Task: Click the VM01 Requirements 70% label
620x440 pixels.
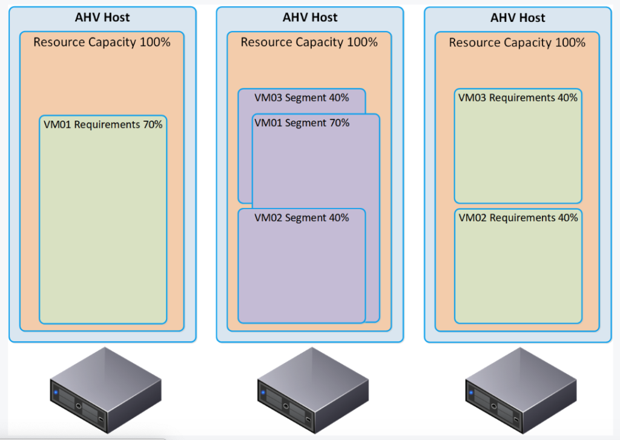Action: coord(103,124)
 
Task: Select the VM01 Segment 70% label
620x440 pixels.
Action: coord(302,122)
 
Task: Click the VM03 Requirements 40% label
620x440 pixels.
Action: coord(518,98)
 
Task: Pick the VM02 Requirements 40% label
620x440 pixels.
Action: coord(518,218)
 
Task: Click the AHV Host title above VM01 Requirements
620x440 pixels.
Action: coord(102,18)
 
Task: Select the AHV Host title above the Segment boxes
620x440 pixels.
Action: coord(310,18)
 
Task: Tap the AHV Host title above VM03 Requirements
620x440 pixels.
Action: coord(518,18)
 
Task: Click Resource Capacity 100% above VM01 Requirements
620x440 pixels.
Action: coord(102,42)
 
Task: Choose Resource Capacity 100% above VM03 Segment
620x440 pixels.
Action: coord(309,42)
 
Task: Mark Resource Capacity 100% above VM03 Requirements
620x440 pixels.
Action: coord(517,43)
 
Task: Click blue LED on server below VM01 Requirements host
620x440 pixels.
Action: coord(56,393)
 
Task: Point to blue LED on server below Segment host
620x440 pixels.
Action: coord(264,393)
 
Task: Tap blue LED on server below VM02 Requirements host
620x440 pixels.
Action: coord(472,393)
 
